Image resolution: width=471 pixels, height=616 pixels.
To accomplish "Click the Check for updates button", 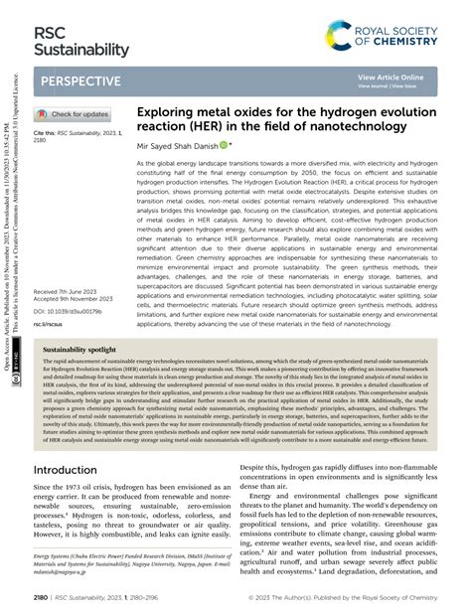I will coord(75,114).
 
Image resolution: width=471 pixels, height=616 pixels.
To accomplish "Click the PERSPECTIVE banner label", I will coord(82,78).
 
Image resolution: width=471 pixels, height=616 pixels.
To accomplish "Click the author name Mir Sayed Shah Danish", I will coord(185,145).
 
